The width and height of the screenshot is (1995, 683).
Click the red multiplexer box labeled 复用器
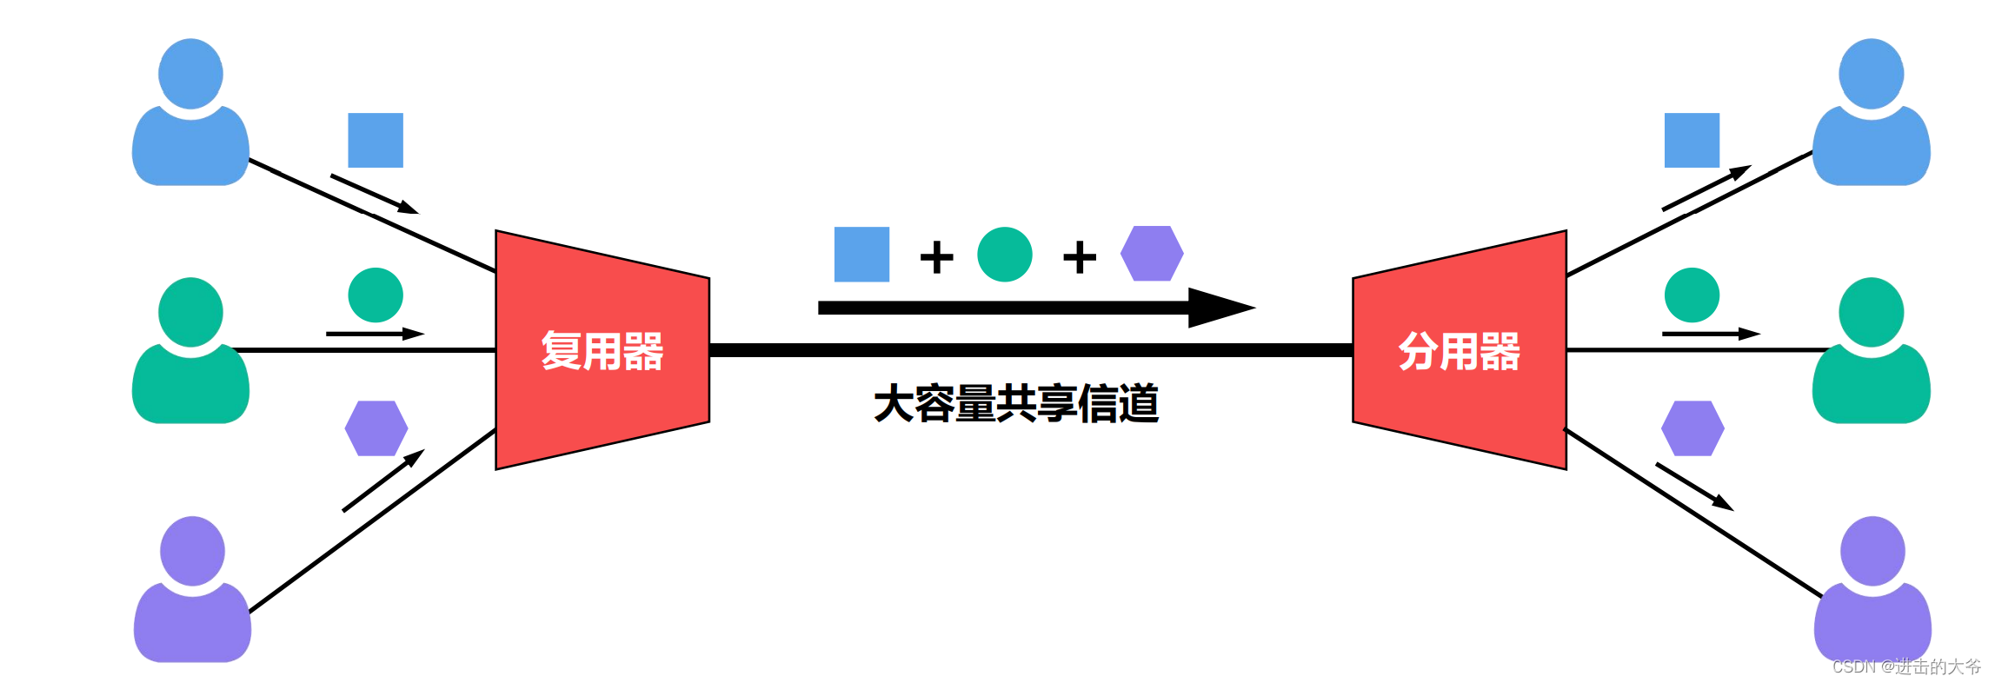click(x=602, y=350)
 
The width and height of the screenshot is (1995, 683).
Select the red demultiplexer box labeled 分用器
click(x=1460, y=350)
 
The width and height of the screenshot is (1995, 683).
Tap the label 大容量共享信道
click(x=1016, y=404)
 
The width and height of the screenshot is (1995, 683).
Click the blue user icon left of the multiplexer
click(x=190, y=113)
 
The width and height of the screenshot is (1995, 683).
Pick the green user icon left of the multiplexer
click(x=190, y=352)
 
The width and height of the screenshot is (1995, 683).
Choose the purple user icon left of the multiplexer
click(x=192, y=591)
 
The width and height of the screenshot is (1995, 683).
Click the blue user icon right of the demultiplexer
click(x=1871, y=113)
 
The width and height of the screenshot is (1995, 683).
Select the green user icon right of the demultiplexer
click(x=1871, y=352)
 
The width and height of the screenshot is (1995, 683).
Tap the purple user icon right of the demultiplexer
click(x=1872, y=591)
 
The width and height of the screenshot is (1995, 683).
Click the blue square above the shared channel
click(x=861, y=255)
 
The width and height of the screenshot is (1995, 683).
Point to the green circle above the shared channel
click(x=1004, y=255)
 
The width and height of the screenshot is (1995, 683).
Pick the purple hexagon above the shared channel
click(x=1152, y=254)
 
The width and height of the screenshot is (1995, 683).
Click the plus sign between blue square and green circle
click(x=936, y=257)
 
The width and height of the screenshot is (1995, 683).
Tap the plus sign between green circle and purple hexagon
click(x=1080, y=257)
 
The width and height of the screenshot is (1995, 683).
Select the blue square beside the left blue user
click(x=376, y=140)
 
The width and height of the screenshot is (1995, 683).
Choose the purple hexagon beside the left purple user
click(x=376, y=428)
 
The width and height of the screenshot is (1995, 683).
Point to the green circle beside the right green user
click(x=1692, y=295)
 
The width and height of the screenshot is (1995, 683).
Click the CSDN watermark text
click(x=1906, y=666)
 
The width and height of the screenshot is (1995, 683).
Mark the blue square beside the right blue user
click(x=1692, y=140)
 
